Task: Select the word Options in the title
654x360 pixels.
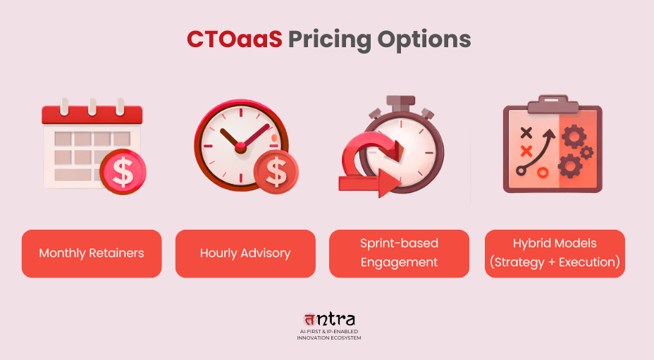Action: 423,40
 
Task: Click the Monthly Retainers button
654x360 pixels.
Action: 92,253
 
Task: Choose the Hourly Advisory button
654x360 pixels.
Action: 245,253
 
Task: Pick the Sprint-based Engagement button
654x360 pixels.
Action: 399,253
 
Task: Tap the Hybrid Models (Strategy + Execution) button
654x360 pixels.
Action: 555,253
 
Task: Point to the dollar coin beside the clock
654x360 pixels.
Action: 276,171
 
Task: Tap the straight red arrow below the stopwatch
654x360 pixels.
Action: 370,185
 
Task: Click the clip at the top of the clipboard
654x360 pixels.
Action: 552,103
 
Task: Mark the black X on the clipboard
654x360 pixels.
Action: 525,132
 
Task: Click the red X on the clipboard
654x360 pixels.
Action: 525,150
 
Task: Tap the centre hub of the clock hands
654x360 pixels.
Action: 240,147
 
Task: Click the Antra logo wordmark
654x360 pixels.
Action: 328,319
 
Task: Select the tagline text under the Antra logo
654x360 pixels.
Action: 328,334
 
